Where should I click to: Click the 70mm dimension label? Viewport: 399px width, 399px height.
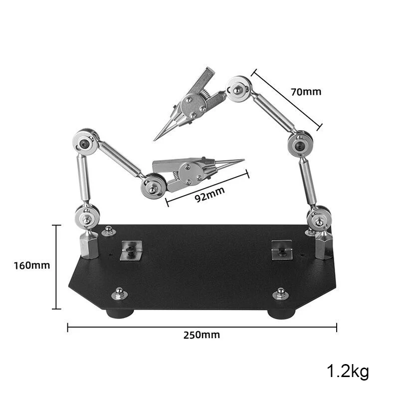306,92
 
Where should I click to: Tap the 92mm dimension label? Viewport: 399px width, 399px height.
210,195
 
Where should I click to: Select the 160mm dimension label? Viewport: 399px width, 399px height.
32,266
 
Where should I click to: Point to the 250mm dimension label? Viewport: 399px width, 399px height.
202,335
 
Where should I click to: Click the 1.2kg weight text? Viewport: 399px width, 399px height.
348,372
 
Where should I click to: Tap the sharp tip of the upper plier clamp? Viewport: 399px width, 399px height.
154,140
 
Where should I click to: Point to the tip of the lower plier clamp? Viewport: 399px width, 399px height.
244,160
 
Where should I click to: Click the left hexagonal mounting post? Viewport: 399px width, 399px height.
89,244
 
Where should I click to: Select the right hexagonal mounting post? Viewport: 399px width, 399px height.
323,245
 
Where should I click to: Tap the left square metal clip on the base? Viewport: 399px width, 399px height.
131,250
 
